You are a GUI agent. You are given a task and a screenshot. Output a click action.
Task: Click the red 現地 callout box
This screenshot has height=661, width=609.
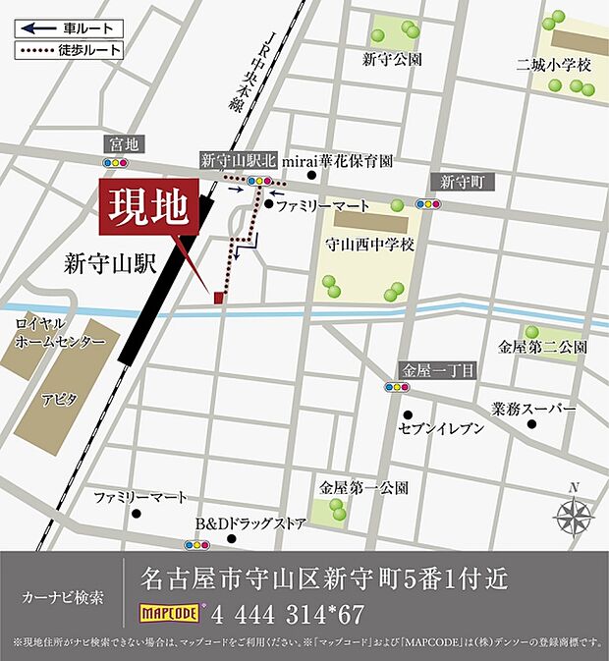click(x=150, y=207)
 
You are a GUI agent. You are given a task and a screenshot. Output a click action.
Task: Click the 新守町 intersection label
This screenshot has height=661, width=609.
click(x=461, y=183)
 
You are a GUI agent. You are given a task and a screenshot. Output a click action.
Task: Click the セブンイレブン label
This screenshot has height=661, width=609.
click(x=442, y=428)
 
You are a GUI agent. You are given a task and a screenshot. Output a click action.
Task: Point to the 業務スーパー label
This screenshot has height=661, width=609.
click(x=533, y=408)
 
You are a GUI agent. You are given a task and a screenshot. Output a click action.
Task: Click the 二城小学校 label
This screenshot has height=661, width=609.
click(x=556, y=65)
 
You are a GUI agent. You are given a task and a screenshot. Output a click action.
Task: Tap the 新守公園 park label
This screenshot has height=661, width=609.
click(x=392, y=60)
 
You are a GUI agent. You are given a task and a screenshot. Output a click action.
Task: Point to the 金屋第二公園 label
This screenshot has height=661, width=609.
click(x=542, y=347)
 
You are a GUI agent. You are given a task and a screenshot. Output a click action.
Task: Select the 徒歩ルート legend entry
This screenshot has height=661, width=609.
click(x=70, y=49)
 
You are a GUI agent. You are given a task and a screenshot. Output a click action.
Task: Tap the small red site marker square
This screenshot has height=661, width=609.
click(x=219, y=297)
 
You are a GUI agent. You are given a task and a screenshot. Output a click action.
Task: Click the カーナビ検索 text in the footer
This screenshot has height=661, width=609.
click(x=62, y=597)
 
